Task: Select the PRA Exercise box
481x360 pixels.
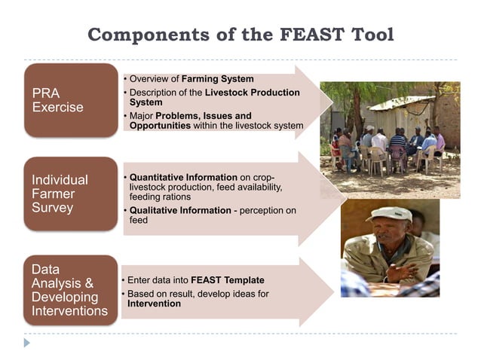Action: [x=70, y=100]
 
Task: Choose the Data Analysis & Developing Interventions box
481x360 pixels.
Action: [x=70, y=290]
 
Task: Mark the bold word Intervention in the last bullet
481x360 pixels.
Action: [x=154, y=304]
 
